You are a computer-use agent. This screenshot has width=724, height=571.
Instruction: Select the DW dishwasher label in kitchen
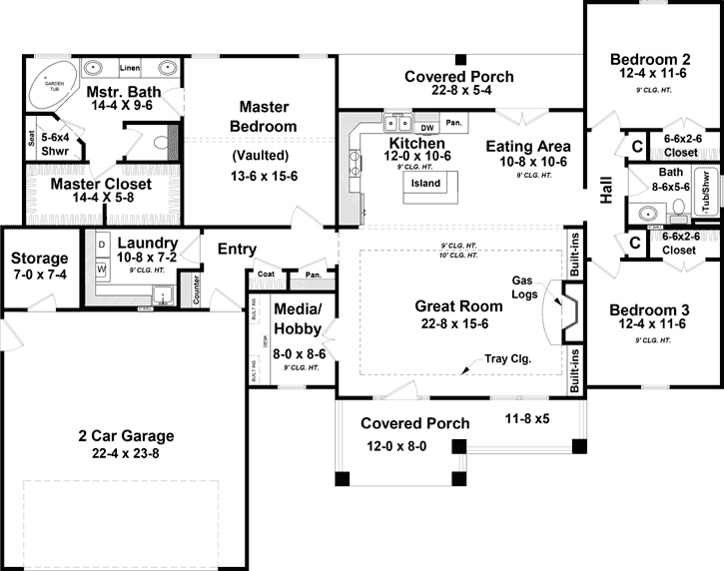point(426,128)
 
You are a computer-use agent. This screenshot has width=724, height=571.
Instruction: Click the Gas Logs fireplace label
point(525,286)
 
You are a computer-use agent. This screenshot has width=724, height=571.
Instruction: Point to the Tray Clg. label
point(507,358)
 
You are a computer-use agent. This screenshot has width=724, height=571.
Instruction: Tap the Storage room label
point(40,259)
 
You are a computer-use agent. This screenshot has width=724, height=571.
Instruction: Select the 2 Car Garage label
point(127,435)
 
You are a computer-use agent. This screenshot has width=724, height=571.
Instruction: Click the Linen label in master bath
point(129,68)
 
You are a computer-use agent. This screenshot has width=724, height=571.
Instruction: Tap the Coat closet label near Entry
point(266,274)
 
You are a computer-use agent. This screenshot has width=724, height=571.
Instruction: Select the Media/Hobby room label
point(297,320)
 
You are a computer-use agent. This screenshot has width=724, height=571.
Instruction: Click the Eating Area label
point(528,146)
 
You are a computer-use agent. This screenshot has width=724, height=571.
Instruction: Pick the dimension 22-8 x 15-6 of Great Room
point(458,323)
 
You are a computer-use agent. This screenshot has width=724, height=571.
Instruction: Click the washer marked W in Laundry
point(102,270)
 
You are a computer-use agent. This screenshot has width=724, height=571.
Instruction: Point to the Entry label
point(237,250)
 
